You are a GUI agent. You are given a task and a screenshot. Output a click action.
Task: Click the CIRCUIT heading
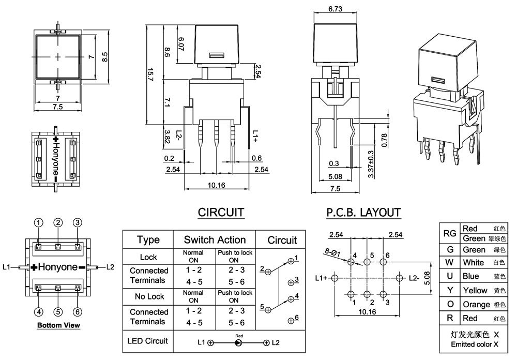pyautogui.click(x=221, y=212)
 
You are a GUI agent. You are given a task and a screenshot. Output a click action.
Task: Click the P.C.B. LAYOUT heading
pyautogui.click(x=363, y=212)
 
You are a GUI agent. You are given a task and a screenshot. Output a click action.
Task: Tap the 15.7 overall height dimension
pyautogui.click(x=150, y=75)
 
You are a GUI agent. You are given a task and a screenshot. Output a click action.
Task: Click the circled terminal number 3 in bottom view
pyautogui.click(x=77, y=222)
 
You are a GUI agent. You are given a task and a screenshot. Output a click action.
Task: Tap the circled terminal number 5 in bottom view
pyautogui.click(x=58, y=311)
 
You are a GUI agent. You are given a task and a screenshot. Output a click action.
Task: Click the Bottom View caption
pyautogui.click(x=58, y=325)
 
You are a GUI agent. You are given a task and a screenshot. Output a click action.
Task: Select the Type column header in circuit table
pyautogui.click(x=148, y=239)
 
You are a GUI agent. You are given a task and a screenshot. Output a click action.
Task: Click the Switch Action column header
pyautogui.click(x=215, y=239)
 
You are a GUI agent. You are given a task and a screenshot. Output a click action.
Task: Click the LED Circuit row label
pyautogui.click(x=148, y=340)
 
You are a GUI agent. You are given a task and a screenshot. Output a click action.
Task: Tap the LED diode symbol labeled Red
pyautogui.click(x=238, y=342)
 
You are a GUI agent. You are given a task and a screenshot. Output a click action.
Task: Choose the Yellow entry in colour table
pyautogui.click(x=475, y=290)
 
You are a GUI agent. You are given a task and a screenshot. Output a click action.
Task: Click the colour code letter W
pyautogui.click(x=450, y=262)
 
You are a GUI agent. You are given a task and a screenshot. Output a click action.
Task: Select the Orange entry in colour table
pyautogui.click(x=476, y=304)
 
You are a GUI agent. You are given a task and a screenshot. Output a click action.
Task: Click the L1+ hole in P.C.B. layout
pyautogui.click(x=335, y=278)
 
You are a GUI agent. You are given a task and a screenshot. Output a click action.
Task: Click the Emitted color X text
pyautogui.click(x=474, y=344)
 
